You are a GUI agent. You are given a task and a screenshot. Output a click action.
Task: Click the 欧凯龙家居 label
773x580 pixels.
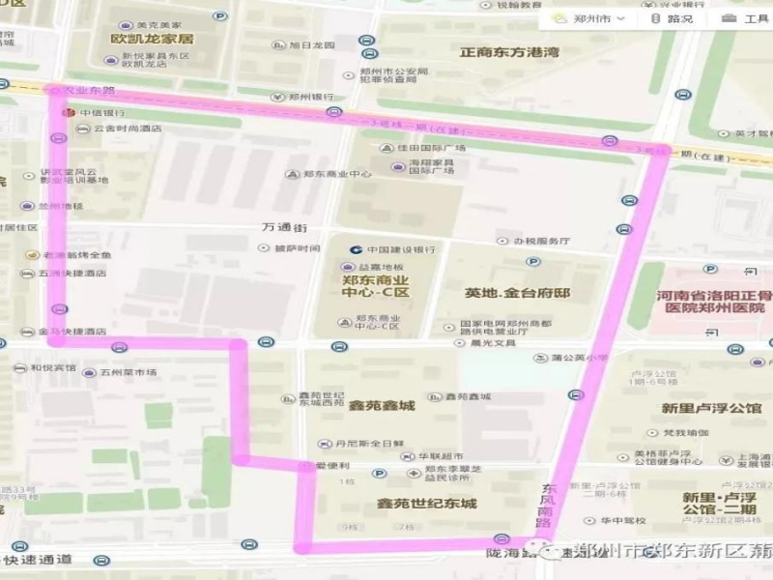tap(153, 39)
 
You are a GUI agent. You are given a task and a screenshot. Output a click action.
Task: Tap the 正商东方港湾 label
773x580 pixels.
tap(509, 52)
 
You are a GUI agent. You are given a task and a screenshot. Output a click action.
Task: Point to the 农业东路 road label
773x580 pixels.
tap(89, 90)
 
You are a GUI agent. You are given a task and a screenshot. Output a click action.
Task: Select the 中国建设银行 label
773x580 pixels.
tap(400, 248)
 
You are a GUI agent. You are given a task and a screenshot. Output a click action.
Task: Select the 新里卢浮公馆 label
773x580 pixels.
tap(711, 408)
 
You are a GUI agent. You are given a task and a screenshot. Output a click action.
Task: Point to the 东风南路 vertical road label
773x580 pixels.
tap(549, 498)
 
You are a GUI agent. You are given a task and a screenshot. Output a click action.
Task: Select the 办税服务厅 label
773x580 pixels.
tap(541, 241)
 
